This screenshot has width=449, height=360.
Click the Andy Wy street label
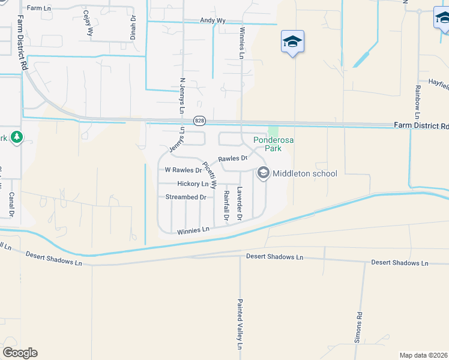point(212,20)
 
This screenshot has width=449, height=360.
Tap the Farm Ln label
point(39,8)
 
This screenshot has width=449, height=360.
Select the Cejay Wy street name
point(89,23)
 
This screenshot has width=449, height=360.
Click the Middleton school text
point(305,174)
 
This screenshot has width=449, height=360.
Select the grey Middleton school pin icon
point(263,173)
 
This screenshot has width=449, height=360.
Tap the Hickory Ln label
point(193,184)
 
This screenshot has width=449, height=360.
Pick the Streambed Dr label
point(186,197)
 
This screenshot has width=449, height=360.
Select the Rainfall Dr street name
point(226,204)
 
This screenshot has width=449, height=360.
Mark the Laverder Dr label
point(239,203)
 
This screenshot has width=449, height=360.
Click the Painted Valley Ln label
point(240,324)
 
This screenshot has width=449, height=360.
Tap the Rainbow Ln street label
point(417,102)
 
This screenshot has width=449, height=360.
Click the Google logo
point(20,353)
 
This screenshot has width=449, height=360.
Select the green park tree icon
point(16,138)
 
